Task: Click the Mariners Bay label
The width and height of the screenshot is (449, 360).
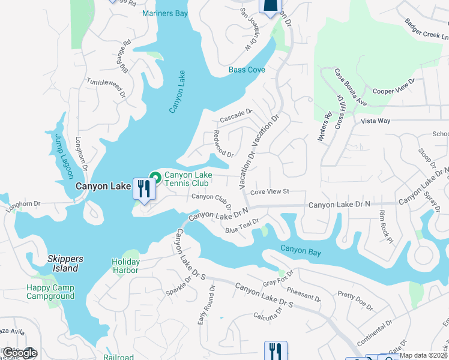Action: (x=165, y=13)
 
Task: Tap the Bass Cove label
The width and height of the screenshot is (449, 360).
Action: (x=247, y=70)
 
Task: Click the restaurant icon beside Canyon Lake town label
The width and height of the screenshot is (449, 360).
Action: (x=144, y=190)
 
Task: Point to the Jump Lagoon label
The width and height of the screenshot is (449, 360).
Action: (x=63, y=156)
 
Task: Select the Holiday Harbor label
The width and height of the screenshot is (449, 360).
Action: (x=125, y=266)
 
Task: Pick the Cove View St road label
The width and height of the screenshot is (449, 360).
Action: (x=270, y=191)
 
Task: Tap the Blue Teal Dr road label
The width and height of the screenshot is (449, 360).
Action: (x=242, y=226)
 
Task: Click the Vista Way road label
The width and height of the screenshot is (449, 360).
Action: (x=375, y=121)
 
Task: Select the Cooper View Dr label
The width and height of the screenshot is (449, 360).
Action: (x=394, y=86)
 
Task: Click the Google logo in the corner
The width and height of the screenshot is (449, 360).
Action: (x=19, y=353)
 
